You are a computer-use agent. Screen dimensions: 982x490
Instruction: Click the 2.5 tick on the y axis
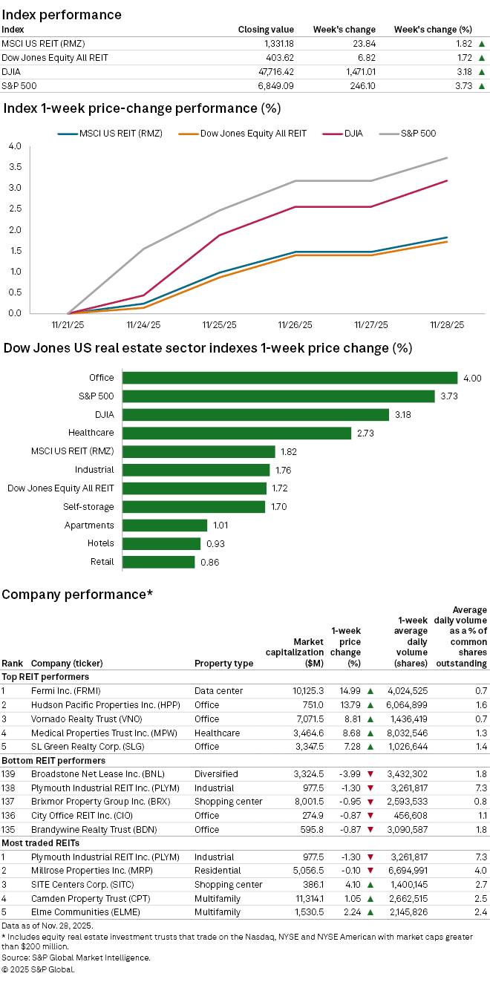point(15,188)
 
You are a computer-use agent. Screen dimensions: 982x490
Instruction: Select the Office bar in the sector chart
point(290,378)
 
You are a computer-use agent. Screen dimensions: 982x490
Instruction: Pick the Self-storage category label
point(88,507)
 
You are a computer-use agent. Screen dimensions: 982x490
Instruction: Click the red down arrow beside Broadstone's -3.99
point(370,774)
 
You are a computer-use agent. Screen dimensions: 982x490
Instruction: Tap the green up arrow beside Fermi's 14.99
point(370,691)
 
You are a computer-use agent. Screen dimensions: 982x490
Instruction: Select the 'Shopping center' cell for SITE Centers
point(229,885)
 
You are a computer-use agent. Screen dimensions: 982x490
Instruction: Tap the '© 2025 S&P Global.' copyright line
point(39,969)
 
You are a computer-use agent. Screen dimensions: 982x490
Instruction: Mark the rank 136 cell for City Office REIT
point(9,816)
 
